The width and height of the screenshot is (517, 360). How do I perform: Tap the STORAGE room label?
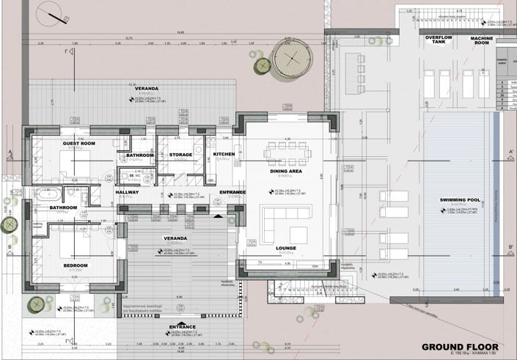[x=180, y=155]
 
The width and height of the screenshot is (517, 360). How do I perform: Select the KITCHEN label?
[x=224, y=154]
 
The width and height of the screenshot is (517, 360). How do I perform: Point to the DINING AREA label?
[x=285, y=171]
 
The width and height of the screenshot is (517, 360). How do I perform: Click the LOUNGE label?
[x=286, y=248]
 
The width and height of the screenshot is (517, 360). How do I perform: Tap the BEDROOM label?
[x=75, y=265]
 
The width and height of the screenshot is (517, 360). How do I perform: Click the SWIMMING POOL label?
[x=460, y=199]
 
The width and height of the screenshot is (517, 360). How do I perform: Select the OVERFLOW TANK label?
[x=439, y=40]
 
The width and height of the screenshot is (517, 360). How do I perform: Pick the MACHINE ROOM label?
[x=481, y=40]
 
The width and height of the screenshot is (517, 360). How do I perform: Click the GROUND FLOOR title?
[x=460, y=346]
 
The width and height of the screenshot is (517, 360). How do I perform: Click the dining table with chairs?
[x=288, y=153]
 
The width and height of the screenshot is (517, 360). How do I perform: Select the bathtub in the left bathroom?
[x=51, y=195]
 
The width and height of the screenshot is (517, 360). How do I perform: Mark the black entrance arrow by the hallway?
[x=216, y=217]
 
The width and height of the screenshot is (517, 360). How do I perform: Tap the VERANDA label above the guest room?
[x=142, y=88]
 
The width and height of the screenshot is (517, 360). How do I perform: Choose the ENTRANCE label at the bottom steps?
[x=182, y=326]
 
